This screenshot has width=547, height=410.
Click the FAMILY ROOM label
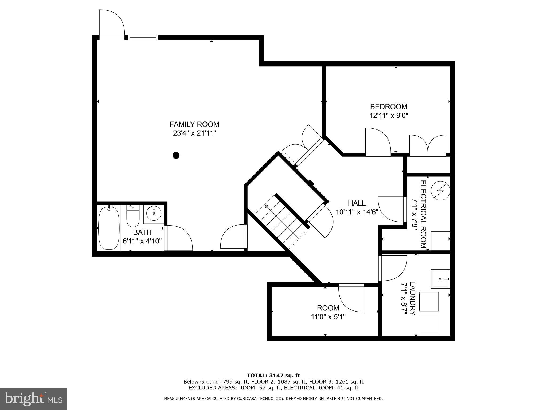click(x=194, y=124)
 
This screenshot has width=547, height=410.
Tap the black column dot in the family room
click(x=176, y=155)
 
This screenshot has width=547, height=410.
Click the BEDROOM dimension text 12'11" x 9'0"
click(x=389, y=116)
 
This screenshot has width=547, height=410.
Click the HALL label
click(x=357, y=203)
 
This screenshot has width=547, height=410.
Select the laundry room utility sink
click(x=440, y=279)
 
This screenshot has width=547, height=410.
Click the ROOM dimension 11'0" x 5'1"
click(x=328, y=317)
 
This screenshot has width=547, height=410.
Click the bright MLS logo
click(x=33, y=399)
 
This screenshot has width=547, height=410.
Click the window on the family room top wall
click(x=143, y=37)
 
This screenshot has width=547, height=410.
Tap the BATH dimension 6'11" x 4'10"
click(x=142, y=241)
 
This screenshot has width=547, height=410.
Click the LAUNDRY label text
click(x=412, y=298)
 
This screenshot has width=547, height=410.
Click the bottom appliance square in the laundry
click(x=429, y=323)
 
